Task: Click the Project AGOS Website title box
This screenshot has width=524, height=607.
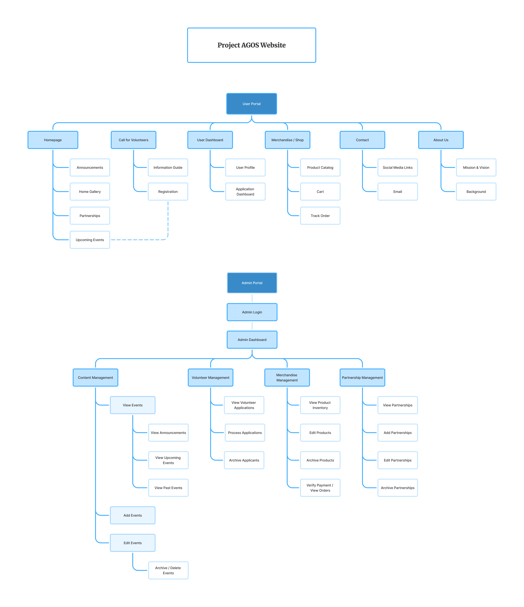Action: pos(251,45)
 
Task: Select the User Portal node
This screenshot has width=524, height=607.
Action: pos(251,104)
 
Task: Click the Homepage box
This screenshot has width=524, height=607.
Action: pos(53,140)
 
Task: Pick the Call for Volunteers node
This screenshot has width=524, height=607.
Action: pos(133,140)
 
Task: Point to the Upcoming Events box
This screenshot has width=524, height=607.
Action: pos(90,240)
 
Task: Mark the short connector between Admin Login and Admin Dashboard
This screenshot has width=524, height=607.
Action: pos(252,326)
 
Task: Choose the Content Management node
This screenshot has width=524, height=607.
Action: pos(95,378)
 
